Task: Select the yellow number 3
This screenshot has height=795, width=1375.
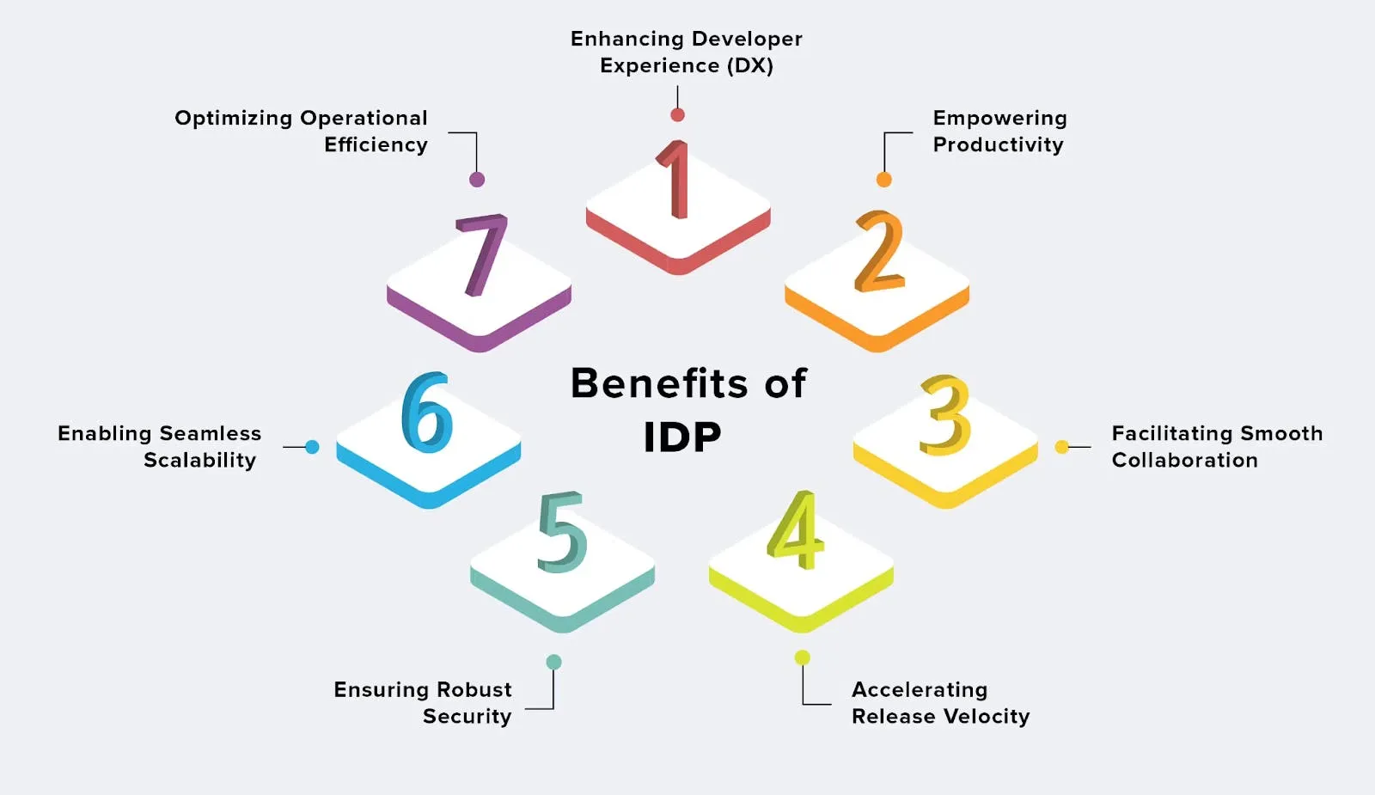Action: coord(945,416)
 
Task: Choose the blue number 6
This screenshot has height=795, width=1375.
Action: coord(427,413)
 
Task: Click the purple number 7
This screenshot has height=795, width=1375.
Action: coord(482,254)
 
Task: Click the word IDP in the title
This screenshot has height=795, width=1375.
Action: coord(682,437)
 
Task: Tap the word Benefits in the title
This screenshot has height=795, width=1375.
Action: coord(659,383)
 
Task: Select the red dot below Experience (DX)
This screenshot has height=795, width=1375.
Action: coord(677,115)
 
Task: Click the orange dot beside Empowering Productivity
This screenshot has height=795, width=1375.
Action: coord(883,180)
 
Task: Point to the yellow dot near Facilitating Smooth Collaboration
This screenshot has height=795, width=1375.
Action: coord(1062,447)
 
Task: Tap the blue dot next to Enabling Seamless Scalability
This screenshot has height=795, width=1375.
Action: coord(312,447)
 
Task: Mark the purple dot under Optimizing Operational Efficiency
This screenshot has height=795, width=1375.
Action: coord(477,180)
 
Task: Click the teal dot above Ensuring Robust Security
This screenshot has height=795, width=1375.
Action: coord(553,662)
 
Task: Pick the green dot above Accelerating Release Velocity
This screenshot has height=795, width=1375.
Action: coord(802,657)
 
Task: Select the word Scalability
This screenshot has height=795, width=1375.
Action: coord(199,461)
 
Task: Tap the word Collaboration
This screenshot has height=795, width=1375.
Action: coord(1184,461)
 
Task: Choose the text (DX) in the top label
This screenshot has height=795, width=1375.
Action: coord(750,66)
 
